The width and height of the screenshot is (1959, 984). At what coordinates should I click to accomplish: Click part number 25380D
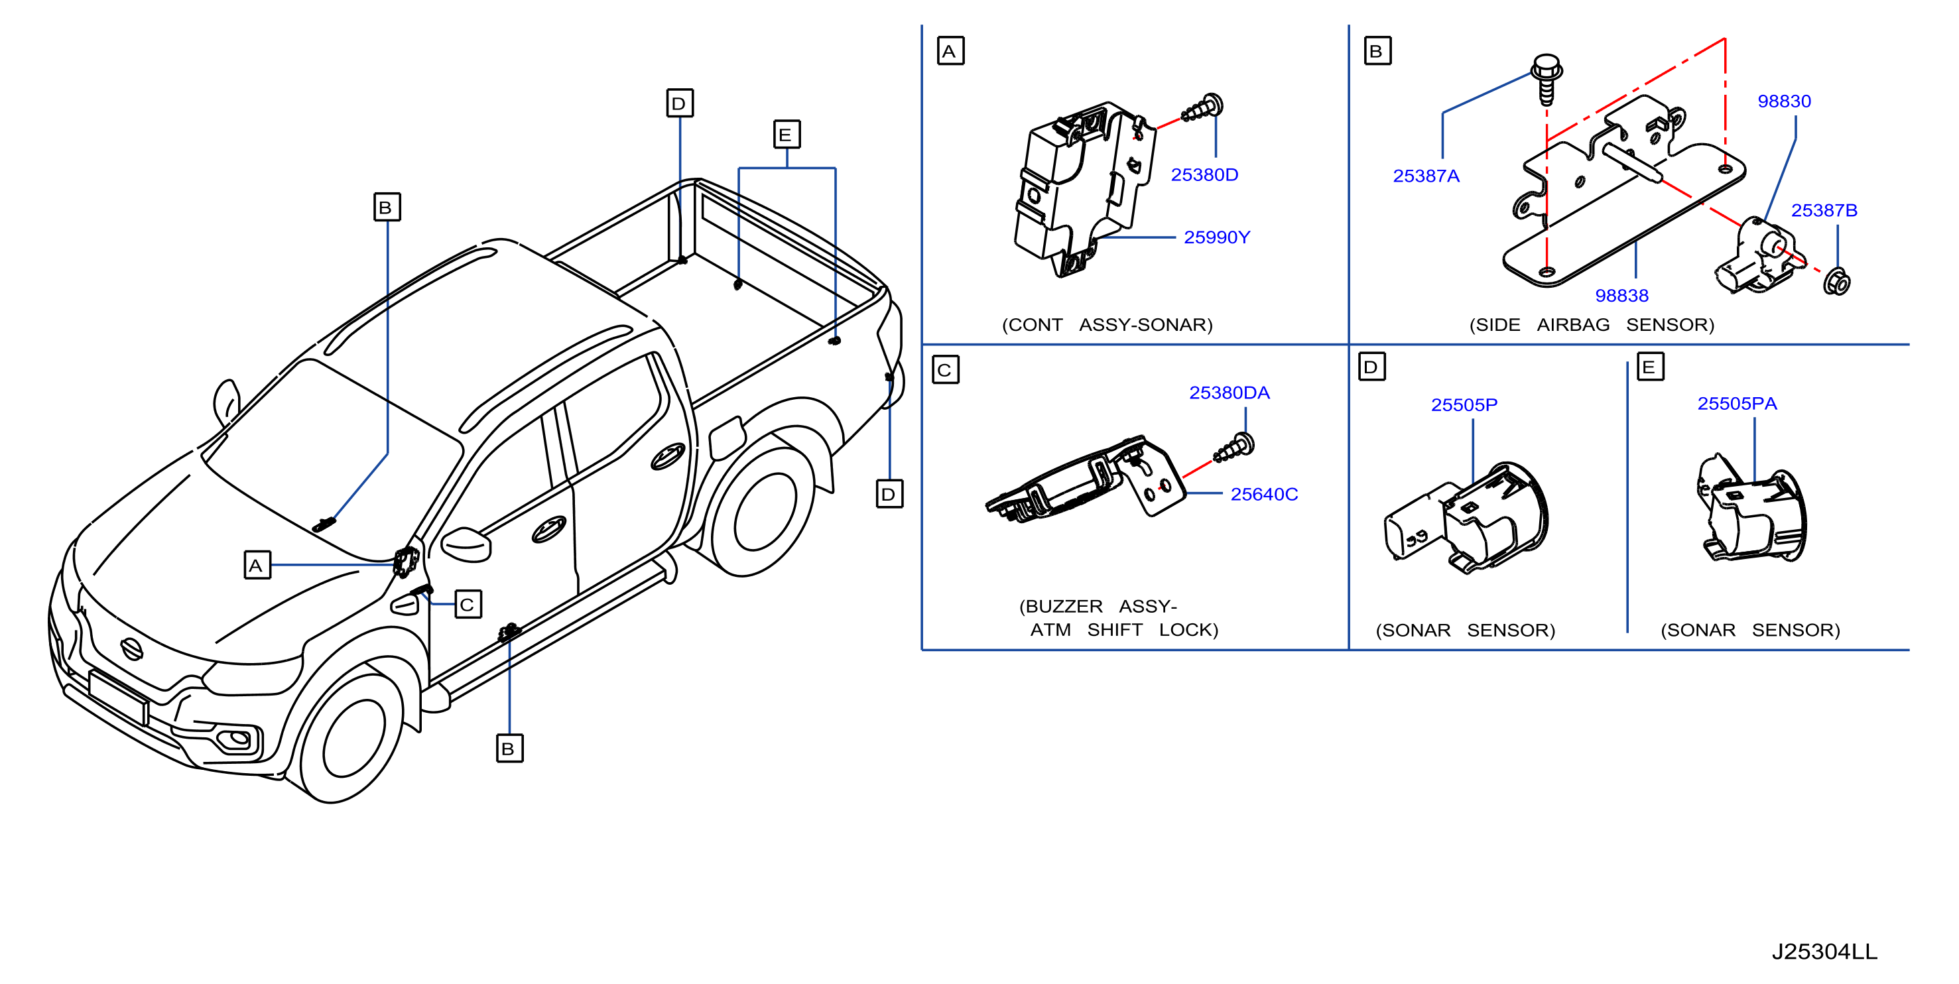tap(1204, 175)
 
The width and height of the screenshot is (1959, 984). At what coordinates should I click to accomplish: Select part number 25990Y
tap(1217, 237)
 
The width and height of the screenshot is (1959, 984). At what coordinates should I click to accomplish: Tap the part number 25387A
tap(1426, 176)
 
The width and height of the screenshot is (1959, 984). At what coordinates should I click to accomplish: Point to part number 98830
tap(1784, 101)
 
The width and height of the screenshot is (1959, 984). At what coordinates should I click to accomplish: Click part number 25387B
tap(1824, 210)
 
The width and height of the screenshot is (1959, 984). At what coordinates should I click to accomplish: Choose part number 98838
tap(1621, 295)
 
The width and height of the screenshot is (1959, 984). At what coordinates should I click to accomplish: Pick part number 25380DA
tap(1229, 393)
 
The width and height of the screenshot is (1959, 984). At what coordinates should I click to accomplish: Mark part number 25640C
tap(1264, 494)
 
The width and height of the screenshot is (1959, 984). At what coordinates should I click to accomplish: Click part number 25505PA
tap(1737, 404)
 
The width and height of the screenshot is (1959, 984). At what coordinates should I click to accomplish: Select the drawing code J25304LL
tap(1824, 952)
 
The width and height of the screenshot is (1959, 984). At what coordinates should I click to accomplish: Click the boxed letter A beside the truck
tap(257, 565)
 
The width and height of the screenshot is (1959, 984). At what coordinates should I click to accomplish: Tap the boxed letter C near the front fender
tap(468, 605)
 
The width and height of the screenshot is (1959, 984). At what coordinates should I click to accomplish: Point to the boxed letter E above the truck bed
tap(787, 135)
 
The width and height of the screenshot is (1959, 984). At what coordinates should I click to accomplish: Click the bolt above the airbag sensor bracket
tap(1547, 78)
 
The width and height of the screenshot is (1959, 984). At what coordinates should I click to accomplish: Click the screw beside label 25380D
tap(1202, 109)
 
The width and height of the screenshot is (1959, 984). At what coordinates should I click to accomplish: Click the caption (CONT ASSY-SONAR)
tap(1107, 325)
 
